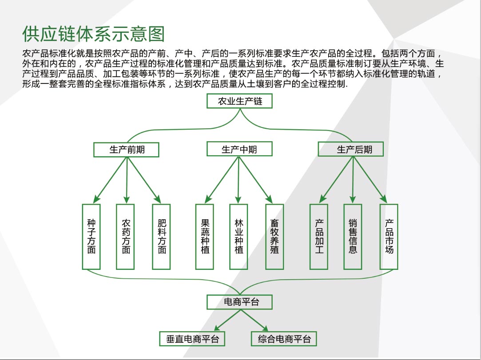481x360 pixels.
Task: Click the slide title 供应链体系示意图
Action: point(94,34)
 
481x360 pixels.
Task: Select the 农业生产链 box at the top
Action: point(240,101)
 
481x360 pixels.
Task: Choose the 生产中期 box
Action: point(239,149)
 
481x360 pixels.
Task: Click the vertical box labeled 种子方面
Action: point(91,237)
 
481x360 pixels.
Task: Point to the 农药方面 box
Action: point(126,237)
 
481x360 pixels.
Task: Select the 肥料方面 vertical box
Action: point(162,237)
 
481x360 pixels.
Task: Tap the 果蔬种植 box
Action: point(205,237)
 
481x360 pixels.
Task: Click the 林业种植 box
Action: point(239,237)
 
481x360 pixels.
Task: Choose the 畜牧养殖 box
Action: point(274,237)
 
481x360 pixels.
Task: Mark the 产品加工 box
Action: point(319,237)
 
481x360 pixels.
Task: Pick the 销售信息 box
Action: point(353,237)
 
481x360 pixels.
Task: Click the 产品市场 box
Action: point(389,237)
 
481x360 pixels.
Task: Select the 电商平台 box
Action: point(240,302)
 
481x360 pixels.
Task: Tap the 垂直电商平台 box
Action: point(193,340)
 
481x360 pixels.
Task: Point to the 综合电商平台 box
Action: point(284,340)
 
